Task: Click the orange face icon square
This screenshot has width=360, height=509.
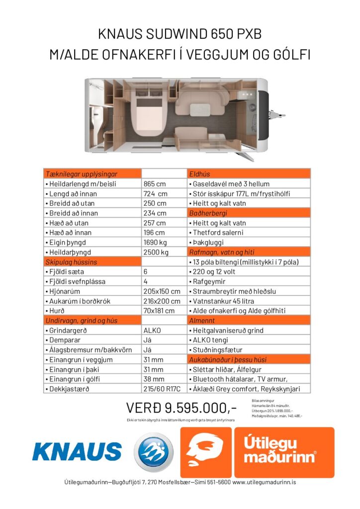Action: coord(205,452)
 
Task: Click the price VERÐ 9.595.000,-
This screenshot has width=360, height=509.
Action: coord(181,408)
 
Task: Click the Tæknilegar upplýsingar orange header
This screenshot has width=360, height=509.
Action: coord(92,174)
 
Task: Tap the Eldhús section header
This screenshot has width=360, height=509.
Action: coord(249,174)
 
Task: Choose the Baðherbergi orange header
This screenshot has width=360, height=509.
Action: coord(249,213)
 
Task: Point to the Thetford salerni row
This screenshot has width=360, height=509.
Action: coord(249,233)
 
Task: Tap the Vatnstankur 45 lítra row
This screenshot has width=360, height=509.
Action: coord(249,301)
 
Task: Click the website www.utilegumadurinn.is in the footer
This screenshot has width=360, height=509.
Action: coord(265,482)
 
